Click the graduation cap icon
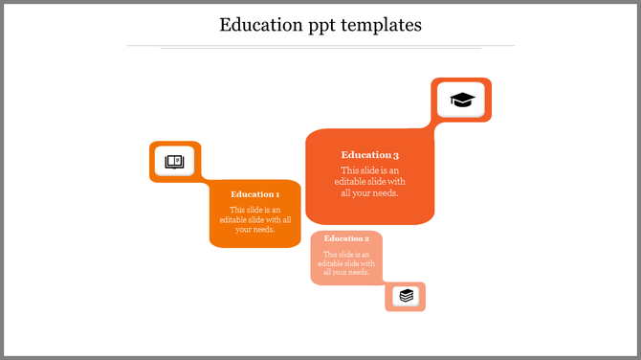(x=462, y=100)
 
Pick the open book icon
(x=174, y=162)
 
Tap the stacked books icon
(x=407, y=296)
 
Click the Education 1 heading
(x=255, y=194)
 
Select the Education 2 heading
(x=346, y=238)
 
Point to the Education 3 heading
(x=369, y=154)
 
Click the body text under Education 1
(x=255, y=219)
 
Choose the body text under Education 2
(x=346, y=263)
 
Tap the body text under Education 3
(x=369, y=182)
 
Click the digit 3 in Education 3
(x=396, y=154)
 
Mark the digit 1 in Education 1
(x=277, y=194)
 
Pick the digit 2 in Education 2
(x=366, y=238)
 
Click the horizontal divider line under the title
(x=320, y=45)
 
